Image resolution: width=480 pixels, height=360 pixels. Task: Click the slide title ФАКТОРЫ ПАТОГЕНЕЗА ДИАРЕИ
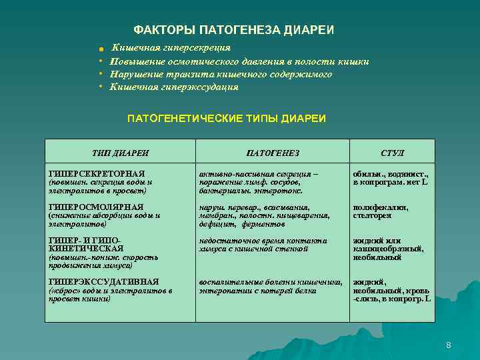tap(234, 30)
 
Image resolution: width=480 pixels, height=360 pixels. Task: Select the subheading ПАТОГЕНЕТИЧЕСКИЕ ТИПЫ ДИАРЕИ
tap(227, 118)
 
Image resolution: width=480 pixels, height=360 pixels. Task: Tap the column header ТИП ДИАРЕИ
tap(120, 153)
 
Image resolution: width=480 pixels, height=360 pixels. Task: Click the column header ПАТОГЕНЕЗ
tap(273, 153)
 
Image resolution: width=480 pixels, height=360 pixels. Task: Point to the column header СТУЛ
tap(392, 153)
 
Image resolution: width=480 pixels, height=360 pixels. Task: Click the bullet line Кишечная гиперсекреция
tap(171, 48)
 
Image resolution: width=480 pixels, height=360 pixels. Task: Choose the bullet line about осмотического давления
tap(239, 61)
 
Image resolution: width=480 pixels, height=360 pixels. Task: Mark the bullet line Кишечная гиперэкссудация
tap(174, 87)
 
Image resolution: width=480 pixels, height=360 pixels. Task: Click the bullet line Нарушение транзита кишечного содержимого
tap(221, 74)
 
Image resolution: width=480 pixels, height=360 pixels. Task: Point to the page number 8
tap(449, 345)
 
